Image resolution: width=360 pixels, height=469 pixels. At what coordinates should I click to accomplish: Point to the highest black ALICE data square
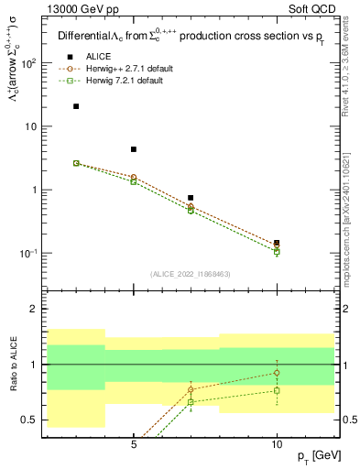(76, 106)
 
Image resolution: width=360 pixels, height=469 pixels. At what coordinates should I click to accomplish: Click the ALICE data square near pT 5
(134, 149)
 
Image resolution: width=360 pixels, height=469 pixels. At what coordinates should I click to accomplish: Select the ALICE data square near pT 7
(191, 198)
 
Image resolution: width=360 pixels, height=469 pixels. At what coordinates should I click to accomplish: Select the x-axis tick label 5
(134, 443)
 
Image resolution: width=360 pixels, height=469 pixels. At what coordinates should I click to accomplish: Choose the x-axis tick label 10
(277, 443)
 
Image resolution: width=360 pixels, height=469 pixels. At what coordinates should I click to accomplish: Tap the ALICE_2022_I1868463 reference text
(191, 274)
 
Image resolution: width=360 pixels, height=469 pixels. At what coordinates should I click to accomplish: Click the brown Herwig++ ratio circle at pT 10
(277, 373)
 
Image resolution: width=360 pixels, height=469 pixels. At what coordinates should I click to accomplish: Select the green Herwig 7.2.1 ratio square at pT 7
(191, 402)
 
